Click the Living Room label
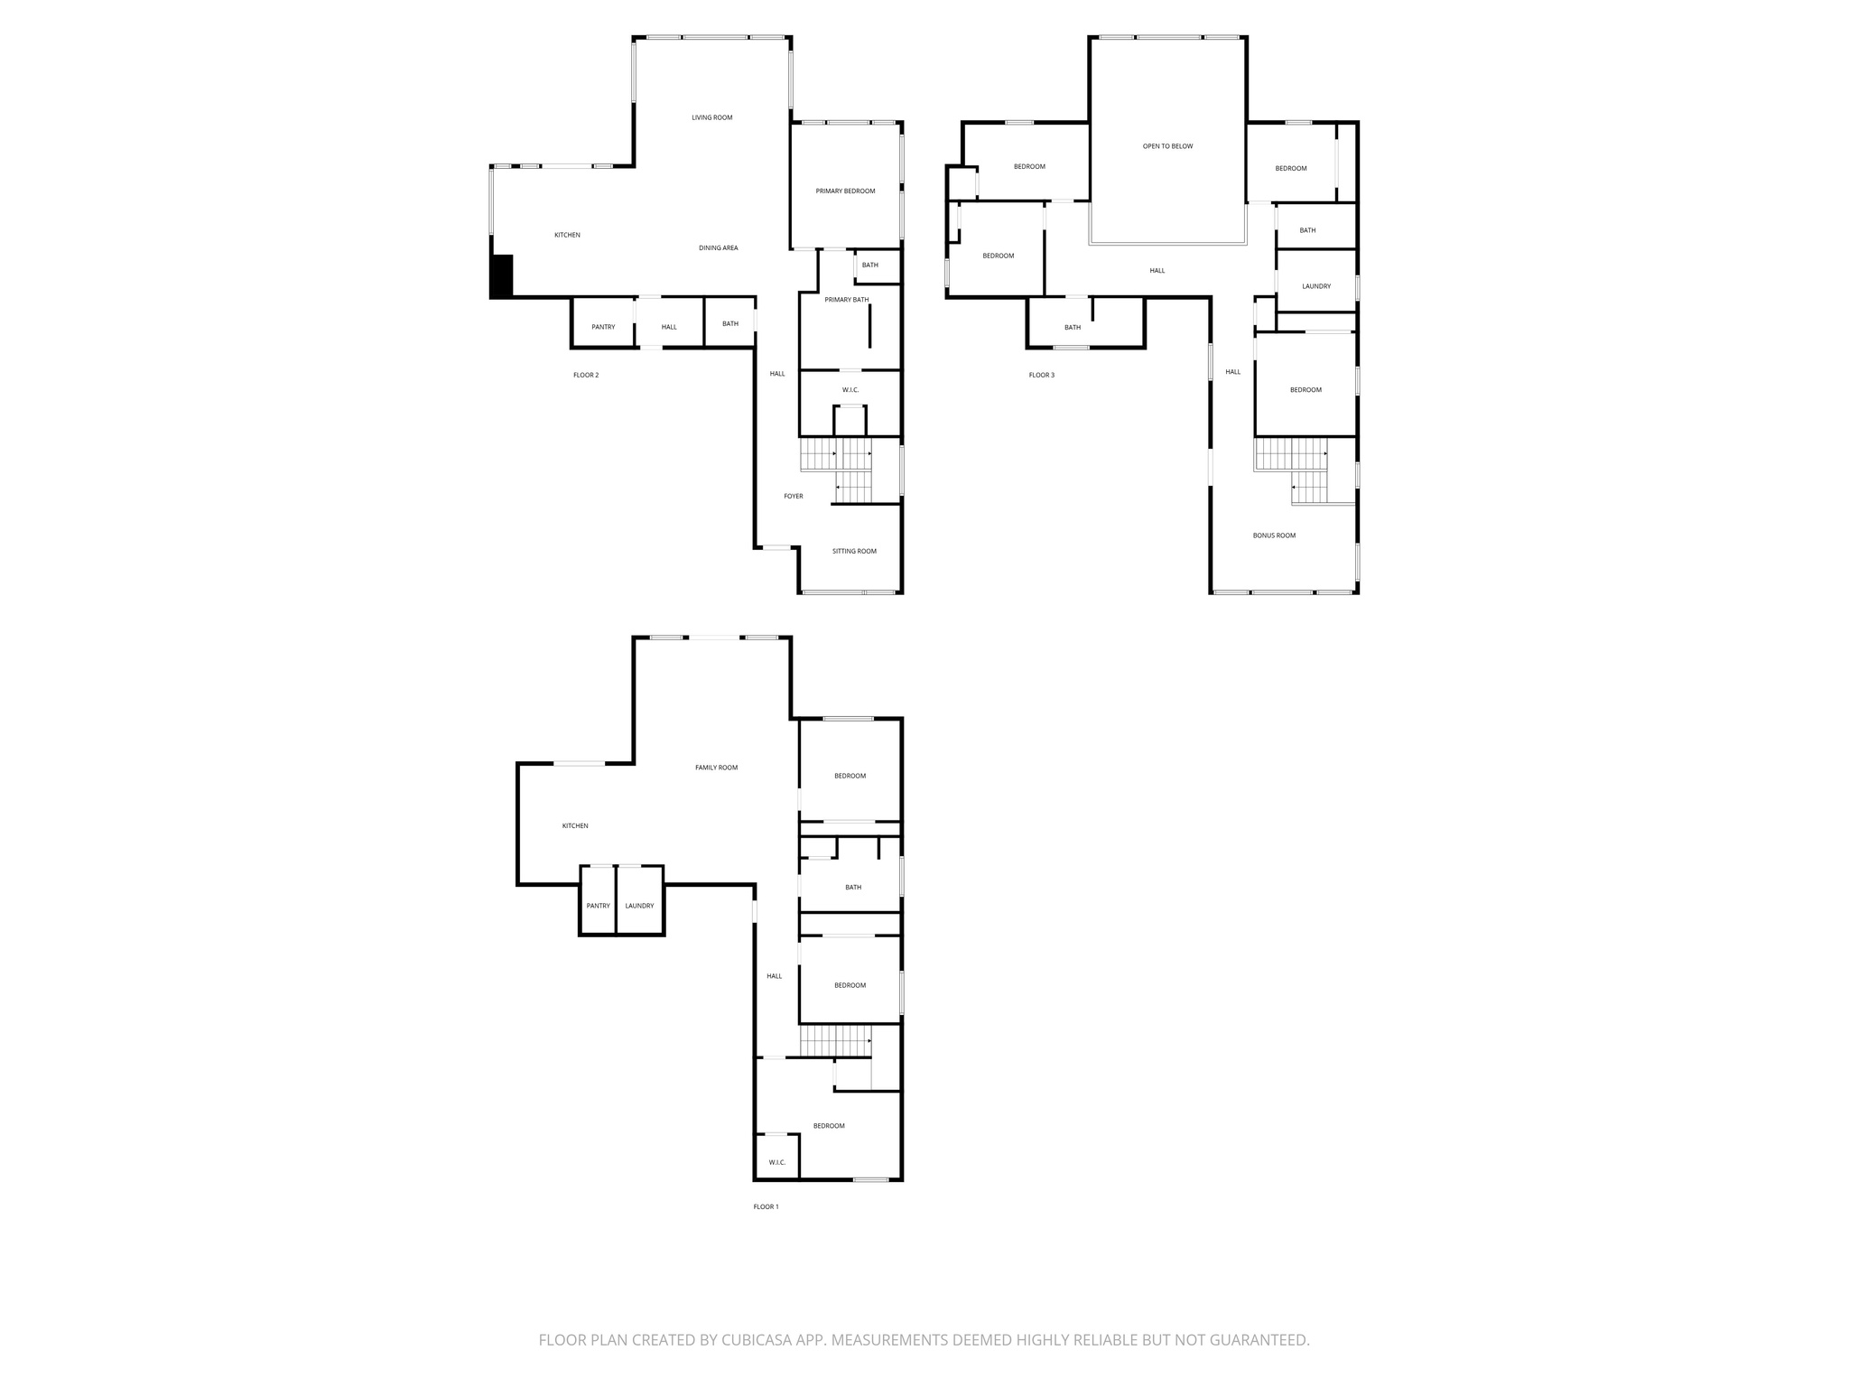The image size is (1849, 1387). pyautogui.click(x=711, y=117)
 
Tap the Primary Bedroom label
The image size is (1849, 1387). pyautogui.click(x=845, y=191)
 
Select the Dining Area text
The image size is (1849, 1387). pyautogui.click(x=718, y=248)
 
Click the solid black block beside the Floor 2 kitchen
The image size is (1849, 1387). pyautogui.click(x=501, y=276)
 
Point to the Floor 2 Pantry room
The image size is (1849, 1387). pyautogui.click(x=603, y=327)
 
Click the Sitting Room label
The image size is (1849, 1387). pyautogui.click(x=854, y=552)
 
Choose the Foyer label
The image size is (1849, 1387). pyautogui.click(x=793, y=497)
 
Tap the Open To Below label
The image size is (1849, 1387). pyautogui.click(x=1167, y=146)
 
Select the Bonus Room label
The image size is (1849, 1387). pyautogui.click(x=1274, y=535)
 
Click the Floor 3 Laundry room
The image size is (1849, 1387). pyautogui.click(x=1315, y=286)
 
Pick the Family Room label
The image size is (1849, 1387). pyautogui.click(x=716, y=768)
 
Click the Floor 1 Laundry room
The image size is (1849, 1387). pyautogui.click(x=639, y=906)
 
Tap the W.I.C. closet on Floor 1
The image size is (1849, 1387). pyautogui.click(x=777, y=1162)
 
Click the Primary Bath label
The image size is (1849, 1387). pyautogui.click(x=846, y=300)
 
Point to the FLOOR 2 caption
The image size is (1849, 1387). pyautogui.click(x=586, y=376)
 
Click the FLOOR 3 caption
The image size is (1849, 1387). pyautogui.click(x=1041, y=376)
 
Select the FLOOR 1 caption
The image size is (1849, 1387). pyautogui.click(x=766, y=1207)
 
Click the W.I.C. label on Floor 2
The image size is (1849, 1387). pyautogui.click(x=850, y=390)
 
